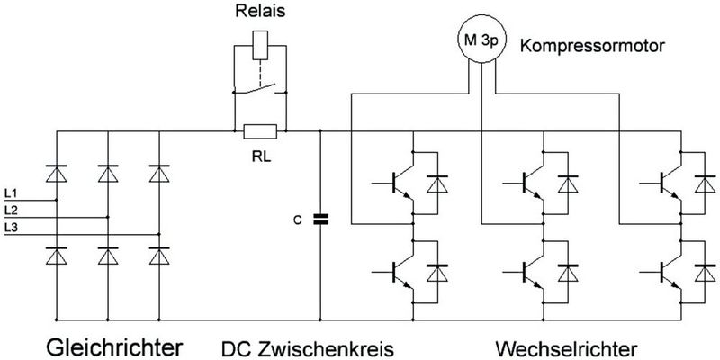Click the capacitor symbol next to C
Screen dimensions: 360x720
coord(321,219)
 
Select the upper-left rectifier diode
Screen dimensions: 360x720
coord(56,171)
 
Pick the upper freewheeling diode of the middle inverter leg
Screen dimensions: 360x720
coord(569,184)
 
